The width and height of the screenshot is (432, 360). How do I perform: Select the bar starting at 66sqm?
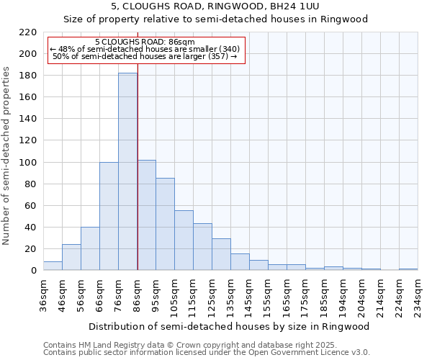(x=109, y=216)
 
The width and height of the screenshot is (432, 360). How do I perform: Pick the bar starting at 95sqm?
(x=165, y=224)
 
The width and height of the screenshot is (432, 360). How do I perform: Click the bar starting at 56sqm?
(x=90, y=248)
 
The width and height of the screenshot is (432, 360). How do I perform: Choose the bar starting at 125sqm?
(x=221, y=254)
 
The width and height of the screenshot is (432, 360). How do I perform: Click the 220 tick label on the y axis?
(x=28, y=32)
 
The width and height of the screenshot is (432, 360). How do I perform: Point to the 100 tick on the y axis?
(x=28, y=163)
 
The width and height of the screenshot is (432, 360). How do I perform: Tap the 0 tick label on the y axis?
(x=33, y=271)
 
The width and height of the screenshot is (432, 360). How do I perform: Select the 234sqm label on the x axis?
(x=418, y=295)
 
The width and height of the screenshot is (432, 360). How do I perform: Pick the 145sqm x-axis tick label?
(x=249, y=295)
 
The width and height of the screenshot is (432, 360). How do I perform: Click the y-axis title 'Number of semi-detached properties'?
(x=7, y=156)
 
